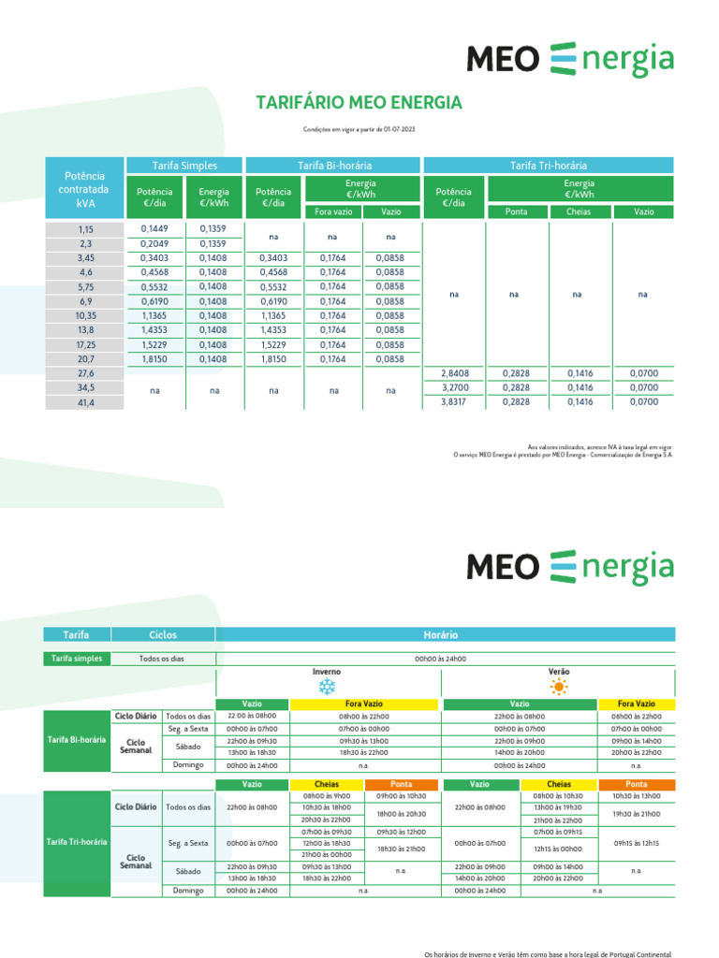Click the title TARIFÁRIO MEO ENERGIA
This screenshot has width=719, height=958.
point(359,102)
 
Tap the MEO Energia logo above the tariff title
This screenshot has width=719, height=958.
point(569,59)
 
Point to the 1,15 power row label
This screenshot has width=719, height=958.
point(86,229)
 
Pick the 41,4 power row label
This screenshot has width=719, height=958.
point(86,402)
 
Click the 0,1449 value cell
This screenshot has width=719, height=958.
point(154,228)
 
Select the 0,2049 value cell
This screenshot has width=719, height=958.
point(154,243)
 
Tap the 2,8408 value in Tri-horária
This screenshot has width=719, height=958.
point(454,373)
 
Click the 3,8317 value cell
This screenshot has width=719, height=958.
point(454,402)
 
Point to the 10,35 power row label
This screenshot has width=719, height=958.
point(86,316)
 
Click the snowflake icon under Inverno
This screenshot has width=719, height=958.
point(327,688)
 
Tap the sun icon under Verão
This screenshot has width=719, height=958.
point(559,688)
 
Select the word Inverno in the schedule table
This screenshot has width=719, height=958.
point(327,672)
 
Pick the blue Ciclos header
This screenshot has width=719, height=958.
point(163,634)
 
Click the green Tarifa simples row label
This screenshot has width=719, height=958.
point(77,659)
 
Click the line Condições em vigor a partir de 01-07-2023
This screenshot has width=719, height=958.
point(359,130)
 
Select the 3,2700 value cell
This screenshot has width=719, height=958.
point(454,387)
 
